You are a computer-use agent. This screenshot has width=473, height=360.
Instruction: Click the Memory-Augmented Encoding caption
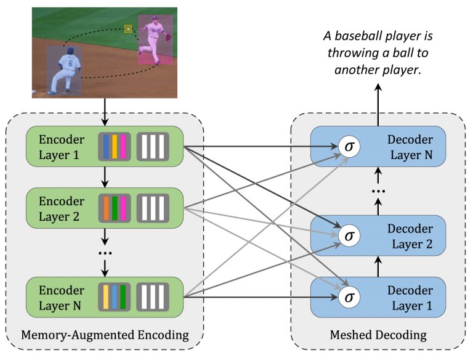coord(104,335)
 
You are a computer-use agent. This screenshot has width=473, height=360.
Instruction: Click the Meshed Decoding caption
coord(379,335)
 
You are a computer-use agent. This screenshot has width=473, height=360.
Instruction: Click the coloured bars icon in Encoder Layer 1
coord(114,147)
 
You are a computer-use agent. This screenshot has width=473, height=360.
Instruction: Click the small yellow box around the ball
coord(128,28)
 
